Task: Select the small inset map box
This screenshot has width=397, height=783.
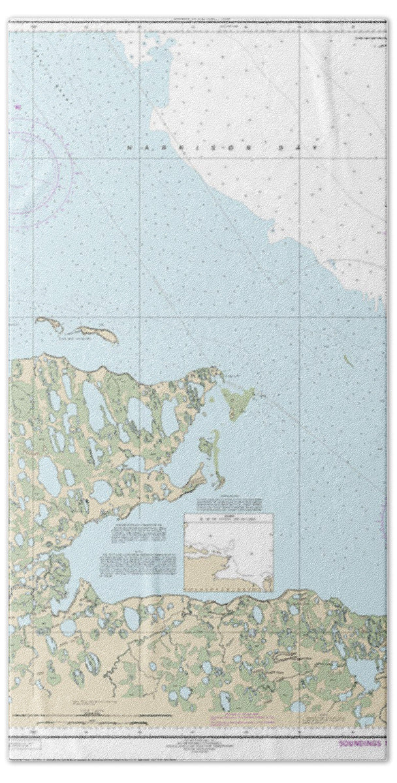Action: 229,551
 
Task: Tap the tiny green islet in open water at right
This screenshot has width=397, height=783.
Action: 349,361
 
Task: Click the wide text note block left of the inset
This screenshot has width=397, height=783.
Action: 137,562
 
